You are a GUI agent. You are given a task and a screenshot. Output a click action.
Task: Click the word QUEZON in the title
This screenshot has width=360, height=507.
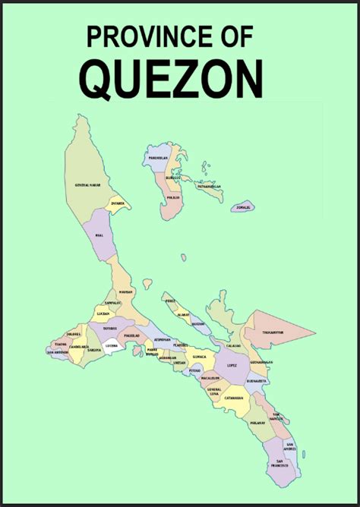(x=171, y=78)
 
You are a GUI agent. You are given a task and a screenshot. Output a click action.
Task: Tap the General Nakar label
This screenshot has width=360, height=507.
(x=88, y=184)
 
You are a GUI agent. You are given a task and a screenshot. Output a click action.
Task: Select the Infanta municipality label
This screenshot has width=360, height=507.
(x=117, y=203)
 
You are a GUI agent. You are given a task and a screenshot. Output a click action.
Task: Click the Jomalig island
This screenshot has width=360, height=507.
(x=243, y=206)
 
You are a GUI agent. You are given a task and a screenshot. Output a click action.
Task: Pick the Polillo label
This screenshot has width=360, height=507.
(x=173, y=197)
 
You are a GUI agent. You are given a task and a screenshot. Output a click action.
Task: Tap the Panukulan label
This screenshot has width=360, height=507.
(x=158, y=157)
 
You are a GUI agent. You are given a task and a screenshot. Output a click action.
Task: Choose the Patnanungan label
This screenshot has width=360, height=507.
(x=207, y=186)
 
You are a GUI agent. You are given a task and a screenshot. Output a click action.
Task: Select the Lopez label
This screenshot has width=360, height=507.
(x=231, y=365)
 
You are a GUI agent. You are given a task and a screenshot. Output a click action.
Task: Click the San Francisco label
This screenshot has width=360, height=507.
(x=280, y=462)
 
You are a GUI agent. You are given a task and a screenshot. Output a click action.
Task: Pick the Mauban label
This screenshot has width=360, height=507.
(x=126, y=291)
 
